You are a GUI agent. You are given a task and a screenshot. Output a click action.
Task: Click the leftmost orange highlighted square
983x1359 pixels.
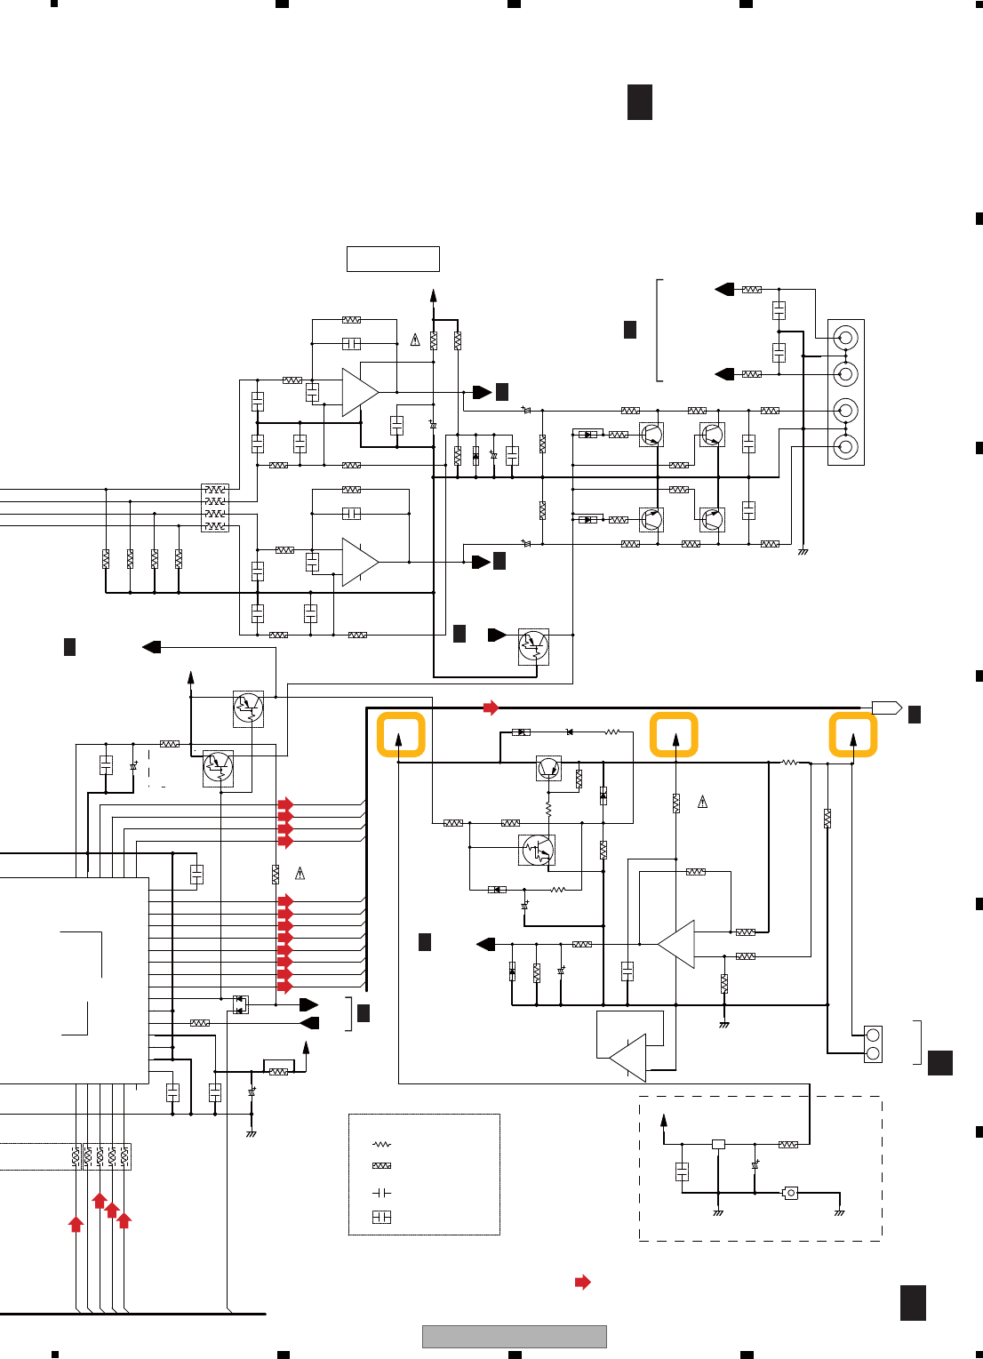click(401, 735)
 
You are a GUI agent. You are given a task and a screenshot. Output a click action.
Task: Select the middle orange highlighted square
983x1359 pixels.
click(674, 735)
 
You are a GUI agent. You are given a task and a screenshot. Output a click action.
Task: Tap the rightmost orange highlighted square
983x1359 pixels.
click(853, 735)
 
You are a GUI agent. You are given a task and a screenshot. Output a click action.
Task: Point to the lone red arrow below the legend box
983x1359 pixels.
click(583, 1282)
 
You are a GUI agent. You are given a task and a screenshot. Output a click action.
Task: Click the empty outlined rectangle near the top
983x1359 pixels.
click(393, 259)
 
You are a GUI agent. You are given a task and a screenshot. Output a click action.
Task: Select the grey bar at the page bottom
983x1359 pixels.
click(514, 1337)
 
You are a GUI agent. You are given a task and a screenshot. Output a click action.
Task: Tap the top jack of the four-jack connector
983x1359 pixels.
click(846, 338)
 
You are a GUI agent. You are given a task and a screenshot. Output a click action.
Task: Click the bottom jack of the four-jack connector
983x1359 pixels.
click(846, 446)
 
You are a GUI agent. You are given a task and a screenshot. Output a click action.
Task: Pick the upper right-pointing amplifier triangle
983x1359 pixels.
click(359, 392)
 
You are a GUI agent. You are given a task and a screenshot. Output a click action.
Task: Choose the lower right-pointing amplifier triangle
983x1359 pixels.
click(359, 562)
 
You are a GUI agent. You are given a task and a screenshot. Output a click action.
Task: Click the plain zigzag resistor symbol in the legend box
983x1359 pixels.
click(381, 1145)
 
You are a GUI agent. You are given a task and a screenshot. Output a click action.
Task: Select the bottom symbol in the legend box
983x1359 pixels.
click(381, 1217)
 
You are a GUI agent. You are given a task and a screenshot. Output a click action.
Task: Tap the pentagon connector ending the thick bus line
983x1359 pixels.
click(886, 708)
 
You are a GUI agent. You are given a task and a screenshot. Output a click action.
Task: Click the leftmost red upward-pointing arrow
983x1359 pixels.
click(76, 1224)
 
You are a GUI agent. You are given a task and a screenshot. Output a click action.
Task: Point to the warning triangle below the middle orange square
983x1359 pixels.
click(703, 802)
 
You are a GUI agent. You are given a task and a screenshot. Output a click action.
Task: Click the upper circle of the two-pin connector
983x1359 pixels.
click(873, 1035)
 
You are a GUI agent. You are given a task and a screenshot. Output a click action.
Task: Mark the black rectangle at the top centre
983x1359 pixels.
click(640, 102)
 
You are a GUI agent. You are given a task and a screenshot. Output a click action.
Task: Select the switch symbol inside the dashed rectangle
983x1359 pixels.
click(790, 1193)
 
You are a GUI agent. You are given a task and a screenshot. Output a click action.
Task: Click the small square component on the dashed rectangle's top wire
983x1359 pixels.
click(718, 1144)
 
